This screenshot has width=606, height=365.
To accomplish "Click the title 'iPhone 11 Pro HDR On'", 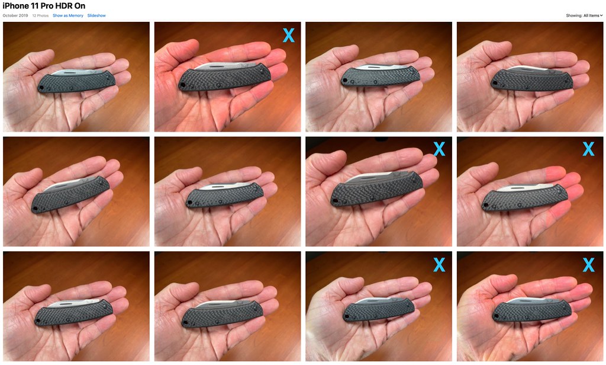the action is [44, 6].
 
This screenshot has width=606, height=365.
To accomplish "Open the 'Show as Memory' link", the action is [68, 15].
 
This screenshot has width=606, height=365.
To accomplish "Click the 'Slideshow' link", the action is [96, 15].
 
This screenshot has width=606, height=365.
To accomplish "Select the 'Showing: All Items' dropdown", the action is [584, 15].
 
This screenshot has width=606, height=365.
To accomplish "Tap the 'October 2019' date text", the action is [15, 15].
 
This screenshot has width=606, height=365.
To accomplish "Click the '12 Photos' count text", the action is [40, 15].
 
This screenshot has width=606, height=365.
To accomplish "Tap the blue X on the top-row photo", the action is [289, 35].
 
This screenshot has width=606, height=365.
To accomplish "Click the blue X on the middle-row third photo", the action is [440, 149].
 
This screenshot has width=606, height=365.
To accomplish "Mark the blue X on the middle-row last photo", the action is [588, 149].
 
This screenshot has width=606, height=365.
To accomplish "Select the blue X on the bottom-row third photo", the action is [440, 265].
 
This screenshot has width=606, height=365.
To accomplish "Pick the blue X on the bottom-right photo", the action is [588, 265].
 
